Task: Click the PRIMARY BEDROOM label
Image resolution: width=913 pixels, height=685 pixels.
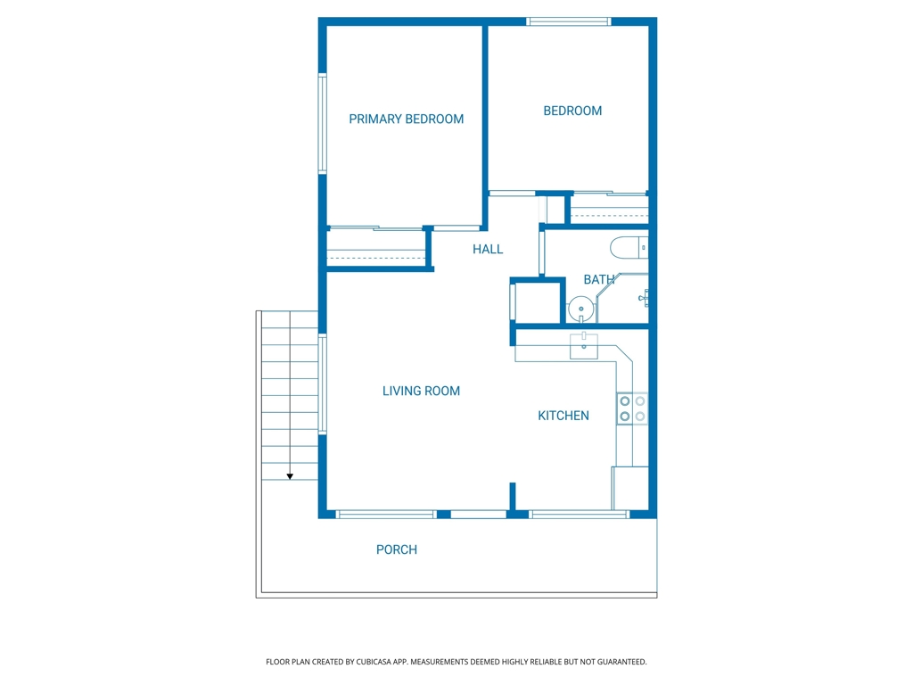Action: pos(406,119)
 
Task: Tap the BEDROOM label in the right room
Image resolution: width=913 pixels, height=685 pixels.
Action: pos(572,111)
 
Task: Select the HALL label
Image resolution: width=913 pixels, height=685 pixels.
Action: pos(488,250)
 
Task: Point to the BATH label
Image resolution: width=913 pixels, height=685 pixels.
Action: pos(598,279)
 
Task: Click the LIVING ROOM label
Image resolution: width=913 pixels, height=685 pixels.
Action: pos(421,391)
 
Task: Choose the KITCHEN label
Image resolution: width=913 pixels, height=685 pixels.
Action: pos(563,416)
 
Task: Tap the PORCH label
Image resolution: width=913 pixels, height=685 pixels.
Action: pos(397,549)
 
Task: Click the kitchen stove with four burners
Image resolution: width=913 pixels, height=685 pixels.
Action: pos(632,409)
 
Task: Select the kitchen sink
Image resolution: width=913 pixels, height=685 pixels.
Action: pos(583,345)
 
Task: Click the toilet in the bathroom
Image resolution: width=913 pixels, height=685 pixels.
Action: pos(629,248)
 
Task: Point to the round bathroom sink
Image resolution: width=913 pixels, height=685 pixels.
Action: pos(580,309)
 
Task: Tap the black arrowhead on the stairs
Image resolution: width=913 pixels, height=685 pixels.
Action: pos(290,476)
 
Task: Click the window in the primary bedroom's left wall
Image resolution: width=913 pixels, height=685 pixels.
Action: pos(322,123)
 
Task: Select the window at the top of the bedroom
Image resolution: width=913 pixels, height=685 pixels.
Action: pos(568,21)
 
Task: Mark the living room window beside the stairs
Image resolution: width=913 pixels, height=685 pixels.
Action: pos(322,384)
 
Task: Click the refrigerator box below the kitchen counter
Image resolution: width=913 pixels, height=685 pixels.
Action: pos(630,488)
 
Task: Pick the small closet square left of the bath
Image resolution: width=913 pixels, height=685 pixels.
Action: pos(537,301)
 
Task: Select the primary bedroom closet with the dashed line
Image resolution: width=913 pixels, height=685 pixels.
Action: pos(376,248)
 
